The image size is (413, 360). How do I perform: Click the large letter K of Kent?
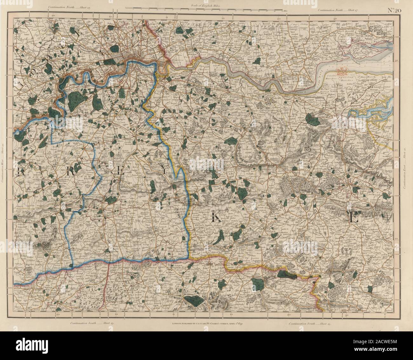pos(215,217)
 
